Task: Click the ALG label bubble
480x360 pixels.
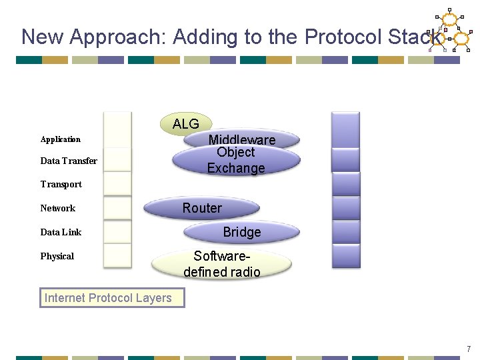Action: pyautogui.click(x=186, y=123)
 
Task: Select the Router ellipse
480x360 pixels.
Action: pyautogui.click(x=203, y=208)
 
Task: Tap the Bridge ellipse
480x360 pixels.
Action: pyautogui.click(x=242, y=232)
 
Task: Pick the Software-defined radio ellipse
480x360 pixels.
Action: pyautogui.click(x=222, y=263)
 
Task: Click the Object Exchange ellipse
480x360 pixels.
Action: pyautogui.click(x=236, y=161)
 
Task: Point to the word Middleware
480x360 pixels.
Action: pyautogui.click(x=241, y=139)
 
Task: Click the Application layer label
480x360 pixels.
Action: pyautogui.click(x=60, y=139)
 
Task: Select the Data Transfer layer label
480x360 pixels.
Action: pyautogui.click(x=68, y=161)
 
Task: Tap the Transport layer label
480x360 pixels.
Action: pyautogui.click(x=61, y=184)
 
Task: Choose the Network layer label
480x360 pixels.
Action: pyautogui.click(x=57, y=208)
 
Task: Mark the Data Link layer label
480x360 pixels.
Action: pyautogui.click(x=61, y=232)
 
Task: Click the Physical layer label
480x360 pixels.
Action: pyautogui.click(x=57, y=256)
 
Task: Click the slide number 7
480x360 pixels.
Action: pyautogui.click(x=469, y=349)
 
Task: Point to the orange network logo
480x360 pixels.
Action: pyautogui.click(x=451, y=32)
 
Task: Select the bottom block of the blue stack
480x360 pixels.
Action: pyautogui.click(x=345, y=255)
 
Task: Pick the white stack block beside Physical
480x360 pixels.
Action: pyautogui.click(x=117, y=256)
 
